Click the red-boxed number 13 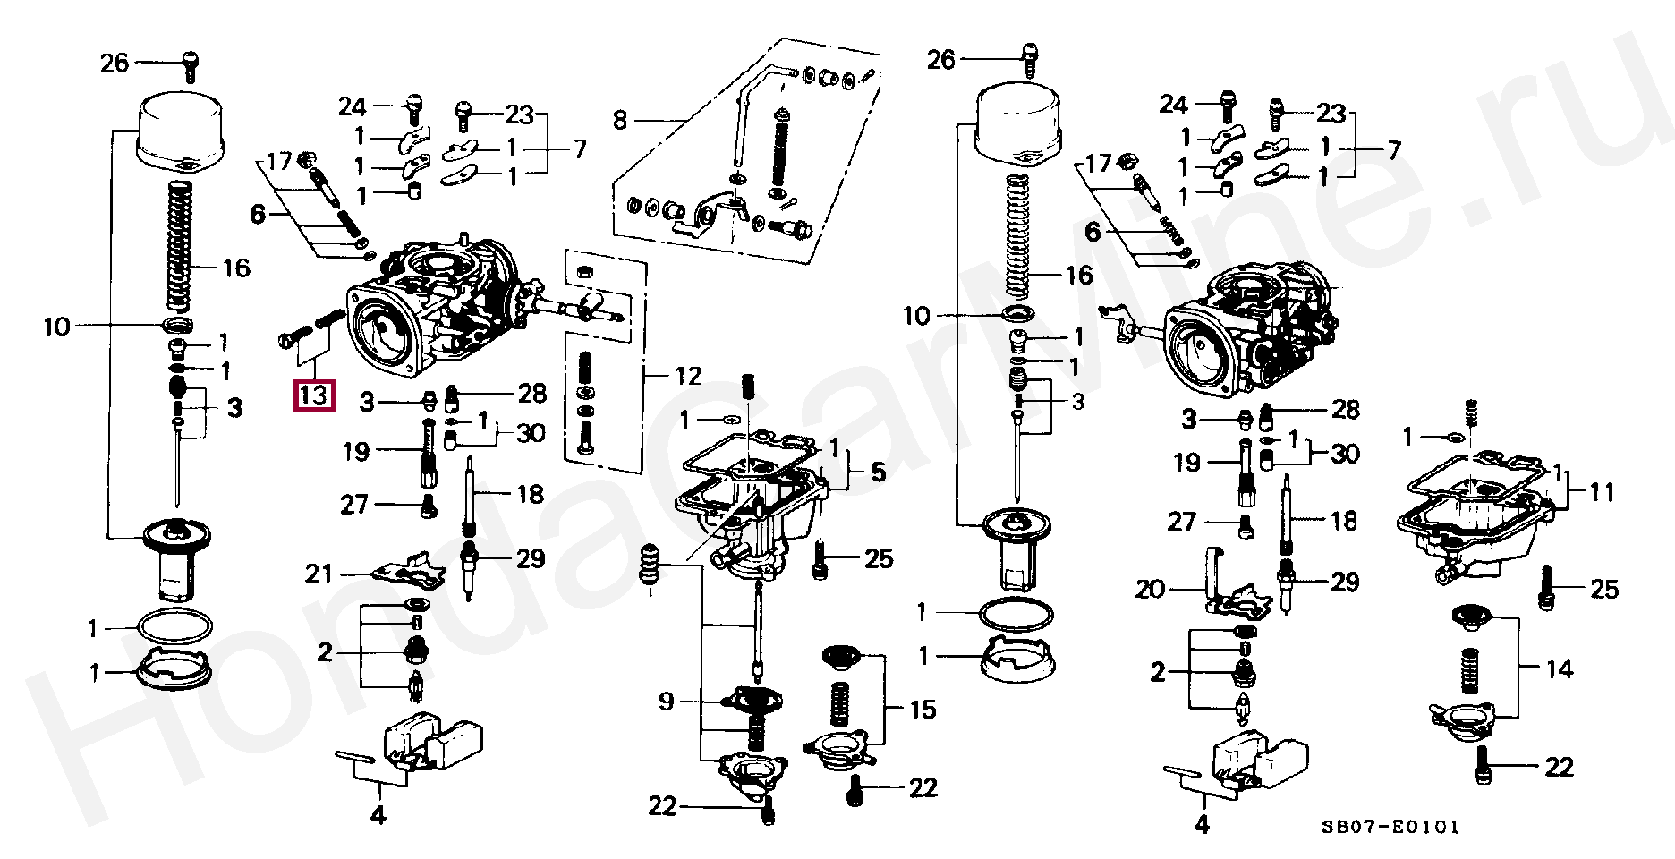click(314, 395)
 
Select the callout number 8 click(620, 120)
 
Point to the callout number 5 click(878, 471)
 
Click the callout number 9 click(666, 702)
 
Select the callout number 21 click(319, 574)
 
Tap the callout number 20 click(1151, 590)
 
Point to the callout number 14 click(1559, 669)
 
